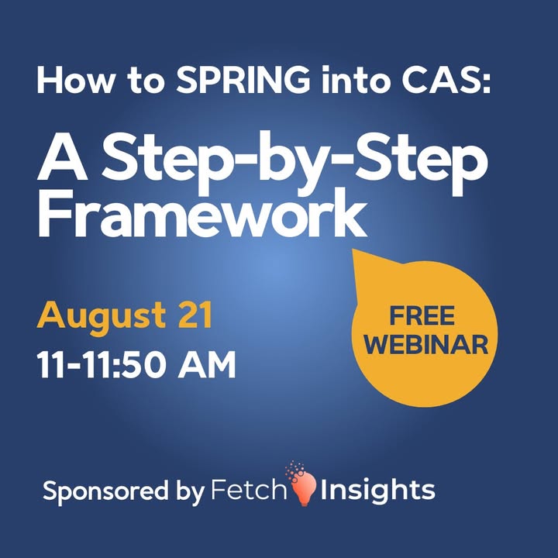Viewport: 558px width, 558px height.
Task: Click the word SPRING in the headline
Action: point(243,80)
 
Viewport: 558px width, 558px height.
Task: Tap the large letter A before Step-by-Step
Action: point(62,157)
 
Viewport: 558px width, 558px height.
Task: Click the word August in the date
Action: point(101,317)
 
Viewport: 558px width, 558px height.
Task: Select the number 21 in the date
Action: point(195,315)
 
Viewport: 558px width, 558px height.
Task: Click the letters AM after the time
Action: point(207,364)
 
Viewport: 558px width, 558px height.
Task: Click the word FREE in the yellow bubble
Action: point(422,315)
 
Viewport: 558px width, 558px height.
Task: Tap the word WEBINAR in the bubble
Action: point(425,344)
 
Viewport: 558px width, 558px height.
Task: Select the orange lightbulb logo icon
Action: point(302,484)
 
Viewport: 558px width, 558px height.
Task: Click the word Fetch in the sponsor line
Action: point(249,490)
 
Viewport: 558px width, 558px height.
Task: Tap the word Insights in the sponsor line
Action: point(377,491)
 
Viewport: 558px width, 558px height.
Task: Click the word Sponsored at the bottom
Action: point(105,491)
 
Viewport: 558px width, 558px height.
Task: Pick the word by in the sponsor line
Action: point(191,492)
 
